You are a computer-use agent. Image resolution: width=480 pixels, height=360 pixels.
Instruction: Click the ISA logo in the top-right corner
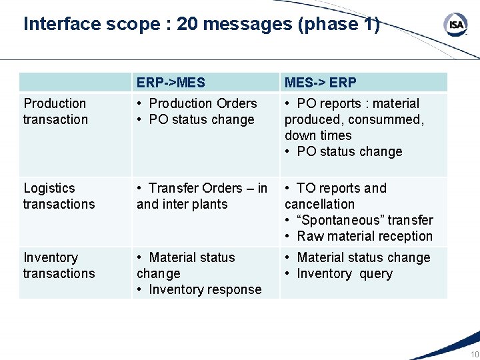[456, 25]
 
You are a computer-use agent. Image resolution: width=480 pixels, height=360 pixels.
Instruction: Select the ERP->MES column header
[171, 83]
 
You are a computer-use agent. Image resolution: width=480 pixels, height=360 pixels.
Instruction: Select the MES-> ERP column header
[321, 83]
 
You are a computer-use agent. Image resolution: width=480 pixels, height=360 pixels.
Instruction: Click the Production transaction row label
[55, 111]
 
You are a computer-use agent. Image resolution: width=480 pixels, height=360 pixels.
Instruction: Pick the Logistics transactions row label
[59, 196]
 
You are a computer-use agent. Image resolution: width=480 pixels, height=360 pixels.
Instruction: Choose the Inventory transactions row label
[59, 265]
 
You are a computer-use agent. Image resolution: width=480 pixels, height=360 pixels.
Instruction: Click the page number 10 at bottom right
[474, 355]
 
